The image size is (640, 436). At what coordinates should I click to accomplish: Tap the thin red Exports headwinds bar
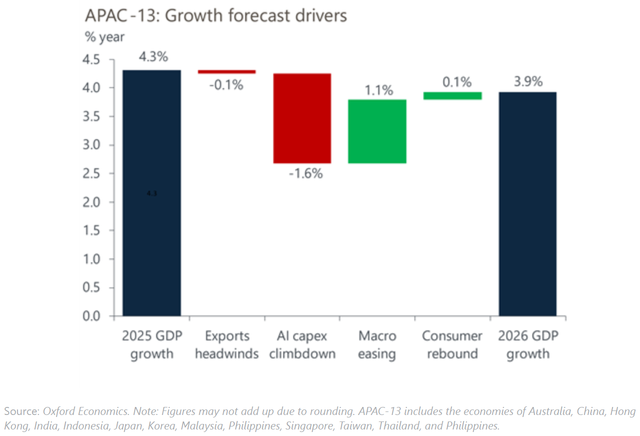[x=227, y=72]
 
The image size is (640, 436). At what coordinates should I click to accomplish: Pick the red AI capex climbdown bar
[x=302, y=118]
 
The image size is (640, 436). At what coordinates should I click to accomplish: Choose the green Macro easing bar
[x=377, y=131]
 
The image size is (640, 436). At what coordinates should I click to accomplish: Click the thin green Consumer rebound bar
[x=452, y=96]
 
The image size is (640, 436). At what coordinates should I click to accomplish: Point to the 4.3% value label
[x=153, y=57]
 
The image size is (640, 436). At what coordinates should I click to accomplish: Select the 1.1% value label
[x=379, y=91]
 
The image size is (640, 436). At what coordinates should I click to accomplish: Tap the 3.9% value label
[x=528, y=82]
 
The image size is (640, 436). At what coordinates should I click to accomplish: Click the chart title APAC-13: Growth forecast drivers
[x=216, y=16]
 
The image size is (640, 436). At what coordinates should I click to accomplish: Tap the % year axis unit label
[x=105, y=38]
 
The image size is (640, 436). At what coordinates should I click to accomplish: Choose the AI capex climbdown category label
[x=302, y=345]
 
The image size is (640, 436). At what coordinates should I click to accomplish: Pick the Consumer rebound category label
[x=452, y=345]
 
